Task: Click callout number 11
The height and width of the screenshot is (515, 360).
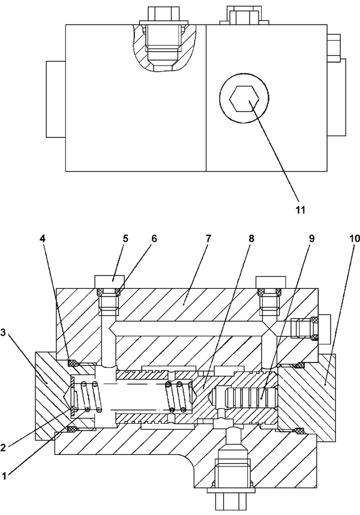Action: (301, 209)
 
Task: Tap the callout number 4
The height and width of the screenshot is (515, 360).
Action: (43, 238)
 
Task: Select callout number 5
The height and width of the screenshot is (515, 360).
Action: (125, 238)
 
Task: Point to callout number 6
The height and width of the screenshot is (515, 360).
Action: (154, 238)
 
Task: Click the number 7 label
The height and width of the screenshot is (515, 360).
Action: (209, 238)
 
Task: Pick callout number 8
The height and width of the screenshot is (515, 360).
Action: (251, 238)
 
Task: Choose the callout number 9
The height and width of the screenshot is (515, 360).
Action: (311, 238)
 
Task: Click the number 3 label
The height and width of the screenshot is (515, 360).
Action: (3, 333)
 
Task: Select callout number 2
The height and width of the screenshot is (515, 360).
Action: (3, 447)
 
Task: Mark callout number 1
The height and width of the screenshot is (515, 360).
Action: (4, 476)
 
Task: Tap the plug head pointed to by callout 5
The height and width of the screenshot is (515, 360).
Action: (109, 282)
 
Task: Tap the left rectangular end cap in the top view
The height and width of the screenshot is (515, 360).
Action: (56, 99)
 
